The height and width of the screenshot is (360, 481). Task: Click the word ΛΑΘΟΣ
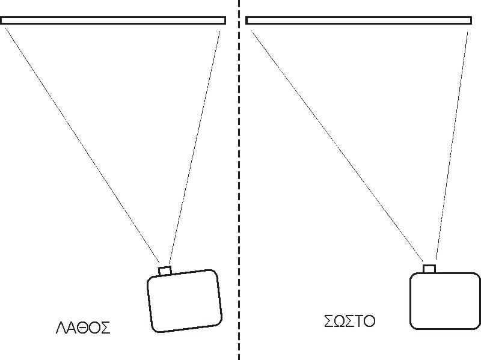[82, 328]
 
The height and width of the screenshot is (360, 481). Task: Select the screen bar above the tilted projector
[113, 20]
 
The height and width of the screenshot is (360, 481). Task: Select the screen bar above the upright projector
[358, 20]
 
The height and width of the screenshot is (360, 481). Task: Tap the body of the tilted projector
[184, 301]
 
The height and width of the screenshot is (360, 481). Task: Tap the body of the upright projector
[445, 301]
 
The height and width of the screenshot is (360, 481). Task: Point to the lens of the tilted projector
[165, 270]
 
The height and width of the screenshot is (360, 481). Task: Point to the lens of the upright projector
[429, 268]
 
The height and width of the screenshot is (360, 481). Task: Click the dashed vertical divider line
[239, 180]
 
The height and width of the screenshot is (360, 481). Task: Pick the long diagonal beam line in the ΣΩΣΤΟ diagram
[338, 148]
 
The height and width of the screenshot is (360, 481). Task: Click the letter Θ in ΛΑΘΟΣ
[82, 328]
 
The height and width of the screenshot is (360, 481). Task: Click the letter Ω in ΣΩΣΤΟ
[339, 320]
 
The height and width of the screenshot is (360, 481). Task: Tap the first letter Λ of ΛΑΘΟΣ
[61, 328]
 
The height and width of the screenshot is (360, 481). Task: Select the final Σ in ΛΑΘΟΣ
[105, 328]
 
